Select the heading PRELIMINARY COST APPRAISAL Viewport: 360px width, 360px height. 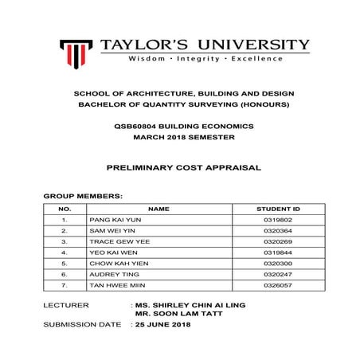click(180, 169)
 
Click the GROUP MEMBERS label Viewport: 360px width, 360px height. click(82, 195)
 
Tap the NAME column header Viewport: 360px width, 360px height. click(158, 208)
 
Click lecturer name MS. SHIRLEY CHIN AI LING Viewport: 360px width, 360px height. click(190, 305)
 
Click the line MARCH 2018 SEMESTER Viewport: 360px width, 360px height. click(180, 136)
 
